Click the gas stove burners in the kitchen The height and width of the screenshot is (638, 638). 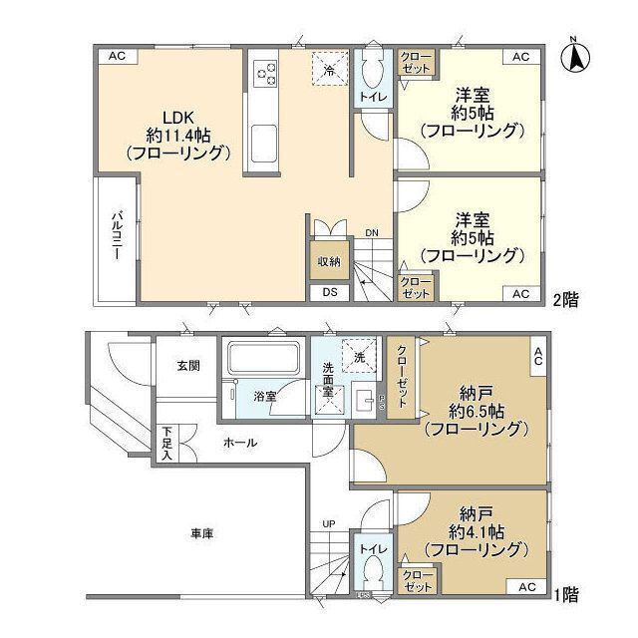click(266, 73)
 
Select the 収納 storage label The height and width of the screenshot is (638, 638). click(329, 261)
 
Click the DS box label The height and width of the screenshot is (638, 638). click(328, 292)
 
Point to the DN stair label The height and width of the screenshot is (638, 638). click(371, 233)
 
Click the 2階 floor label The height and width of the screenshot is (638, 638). click(567, 297)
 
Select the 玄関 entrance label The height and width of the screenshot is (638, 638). click(188, 366)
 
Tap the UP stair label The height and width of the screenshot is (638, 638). click(328, 522)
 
